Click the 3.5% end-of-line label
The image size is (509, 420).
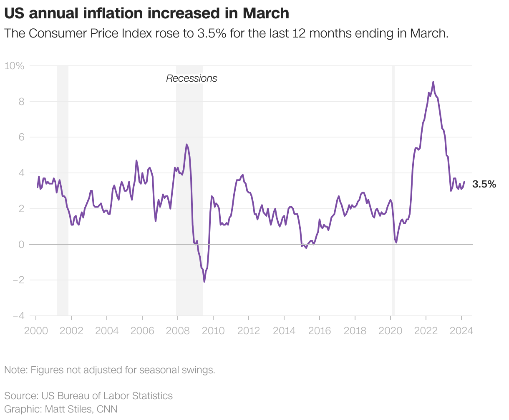click(484, 184)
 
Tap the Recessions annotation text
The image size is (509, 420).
click(192, 78)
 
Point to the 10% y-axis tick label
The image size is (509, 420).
click(14, 66)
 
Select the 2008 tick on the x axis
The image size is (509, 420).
click(177, 331)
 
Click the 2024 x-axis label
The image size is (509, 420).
click(461, 331)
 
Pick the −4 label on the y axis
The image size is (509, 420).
click(18, 316)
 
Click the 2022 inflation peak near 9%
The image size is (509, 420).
click(433, 82)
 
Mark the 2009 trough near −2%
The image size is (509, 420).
click(204, 282)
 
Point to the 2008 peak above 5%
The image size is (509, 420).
click(186, 145)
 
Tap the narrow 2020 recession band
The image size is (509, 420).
click(393, 187)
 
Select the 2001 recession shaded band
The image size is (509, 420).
click(63, 187)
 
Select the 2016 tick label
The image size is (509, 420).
click(319, 331)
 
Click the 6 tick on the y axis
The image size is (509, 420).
click(21, 137)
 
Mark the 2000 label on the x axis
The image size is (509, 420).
click(35, 331)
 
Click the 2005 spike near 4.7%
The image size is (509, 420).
click(136, 160)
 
